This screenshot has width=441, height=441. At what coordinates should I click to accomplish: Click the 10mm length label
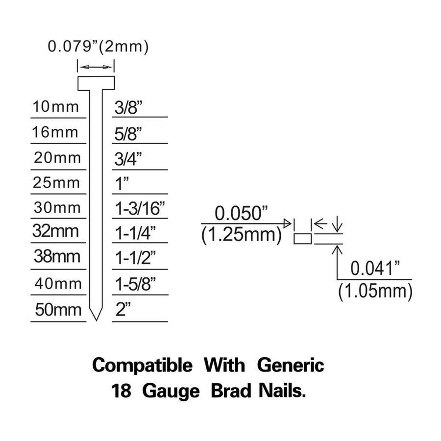click(x=55, y=107)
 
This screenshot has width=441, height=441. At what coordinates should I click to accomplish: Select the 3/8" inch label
click(x=128, y=107)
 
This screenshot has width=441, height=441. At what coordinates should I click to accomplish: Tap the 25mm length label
click(x=56, y=183)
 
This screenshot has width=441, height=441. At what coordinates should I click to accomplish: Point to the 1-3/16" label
click(x=140, y=208)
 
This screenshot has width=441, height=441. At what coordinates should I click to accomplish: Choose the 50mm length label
click(x=58, y=310)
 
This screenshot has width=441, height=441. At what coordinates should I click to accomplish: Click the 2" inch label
click(x=123, y=309)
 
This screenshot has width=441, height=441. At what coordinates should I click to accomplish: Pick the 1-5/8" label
click(x=135, y=284)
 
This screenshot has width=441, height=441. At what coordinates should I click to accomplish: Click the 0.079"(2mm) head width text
click(x=98, y=47)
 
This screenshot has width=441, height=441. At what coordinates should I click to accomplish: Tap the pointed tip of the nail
click(x=96, y=320)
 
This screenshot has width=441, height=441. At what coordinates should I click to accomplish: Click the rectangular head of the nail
click(x=96, y=83)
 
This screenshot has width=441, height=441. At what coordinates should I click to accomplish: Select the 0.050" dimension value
click(x=241, y=214)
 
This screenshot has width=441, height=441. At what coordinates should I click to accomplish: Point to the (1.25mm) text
click(x=241, y=235)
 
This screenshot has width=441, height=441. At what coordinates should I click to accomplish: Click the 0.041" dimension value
click(x=375, y=269)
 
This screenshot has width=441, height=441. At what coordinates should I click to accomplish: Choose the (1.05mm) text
click(x=375, y=291)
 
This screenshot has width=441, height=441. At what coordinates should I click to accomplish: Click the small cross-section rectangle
click(x=303, y=239)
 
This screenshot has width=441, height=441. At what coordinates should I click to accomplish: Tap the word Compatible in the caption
click(x=142, y=366)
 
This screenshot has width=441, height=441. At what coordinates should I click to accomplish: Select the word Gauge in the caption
click(x=171, y=392)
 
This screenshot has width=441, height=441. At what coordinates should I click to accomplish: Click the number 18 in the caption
click(x=122, y=391)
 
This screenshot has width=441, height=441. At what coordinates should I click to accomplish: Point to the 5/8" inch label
click(x=128, y=134)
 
